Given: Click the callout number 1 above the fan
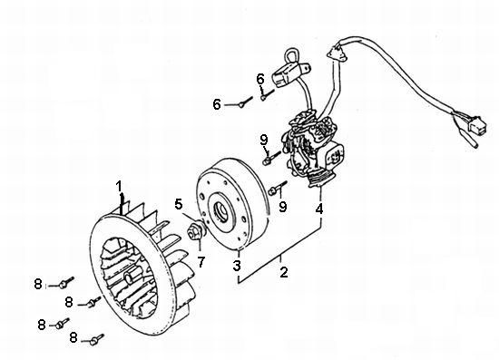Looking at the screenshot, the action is (x=119, y=186).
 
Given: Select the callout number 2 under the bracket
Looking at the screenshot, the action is (x=284, y=272).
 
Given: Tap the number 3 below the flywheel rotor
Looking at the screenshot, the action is (x=237, y=265).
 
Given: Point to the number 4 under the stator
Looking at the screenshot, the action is (x=319, y=209).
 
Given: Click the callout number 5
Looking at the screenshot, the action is (x=179, y=204).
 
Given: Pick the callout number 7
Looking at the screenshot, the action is (x=201, y=262).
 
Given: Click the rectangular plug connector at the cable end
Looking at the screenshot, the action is (x=476, y=126).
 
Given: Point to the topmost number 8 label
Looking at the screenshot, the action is (x=38, y=284).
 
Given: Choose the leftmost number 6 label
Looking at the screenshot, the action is (x=217, y=104).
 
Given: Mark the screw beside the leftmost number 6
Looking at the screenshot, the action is (x=246, y=102).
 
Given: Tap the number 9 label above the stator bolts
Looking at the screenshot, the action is (x=264, y=140).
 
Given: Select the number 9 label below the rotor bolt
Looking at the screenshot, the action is (x=283, y=207).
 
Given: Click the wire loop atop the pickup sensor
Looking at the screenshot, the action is (x=291, y=56).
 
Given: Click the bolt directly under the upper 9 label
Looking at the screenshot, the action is (x=271, y=158).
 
